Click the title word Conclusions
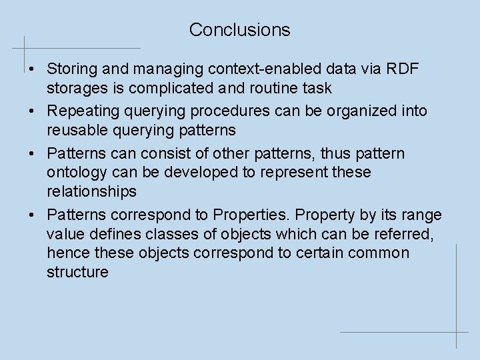[x=239, y=29]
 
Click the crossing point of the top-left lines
[x=25, y=48]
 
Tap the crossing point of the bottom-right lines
[x=456, y=331]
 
